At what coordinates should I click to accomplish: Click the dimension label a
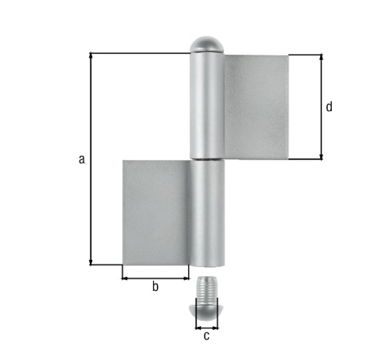(x=82, y=159)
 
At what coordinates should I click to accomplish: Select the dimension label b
(x=155, y=288)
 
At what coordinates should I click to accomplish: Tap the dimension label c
(x=207, y=336)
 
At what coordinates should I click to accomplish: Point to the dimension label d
(x=329, y=107)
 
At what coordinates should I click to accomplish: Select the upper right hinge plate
(x=257, y=107)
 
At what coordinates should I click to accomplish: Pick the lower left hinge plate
(x=156, y=212)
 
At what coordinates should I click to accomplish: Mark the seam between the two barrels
(x=207, y=158)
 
